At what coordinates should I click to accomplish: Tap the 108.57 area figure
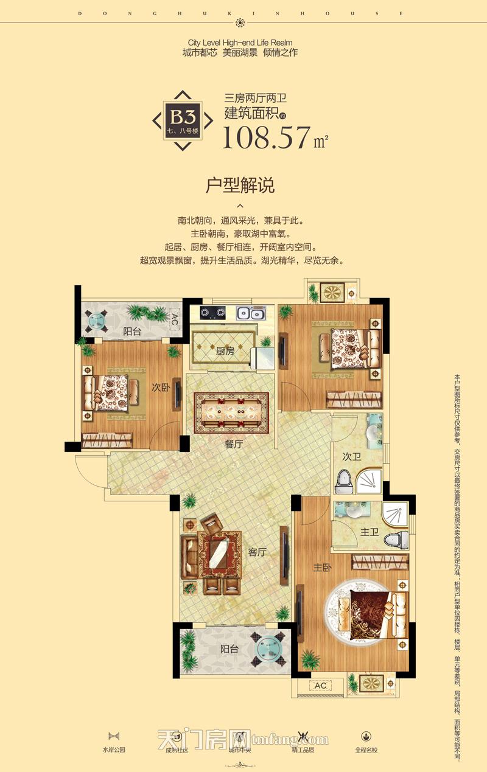(x=266, y=137)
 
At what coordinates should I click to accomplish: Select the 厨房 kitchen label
(x=225, y=351)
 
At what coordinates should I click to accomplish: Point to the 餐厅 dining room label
(x=234, y=445)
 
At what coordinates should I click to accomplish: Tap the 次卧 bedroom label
(x=161, y=387)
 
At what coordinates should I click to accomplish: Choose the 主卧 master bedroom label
(x=322, y=567)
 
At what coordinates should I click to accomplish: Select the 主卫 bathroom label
(x=369, y=532)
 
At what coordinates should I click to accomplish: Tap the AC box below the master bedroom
(x=320, y=686)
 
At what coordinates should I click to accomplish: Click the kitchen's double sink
(x=250, y=314)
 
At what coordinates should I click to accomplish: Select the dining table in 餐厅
(x=231, y=412)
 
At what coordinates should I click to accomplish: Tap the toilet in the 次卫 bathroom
(x=344, y=482)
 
